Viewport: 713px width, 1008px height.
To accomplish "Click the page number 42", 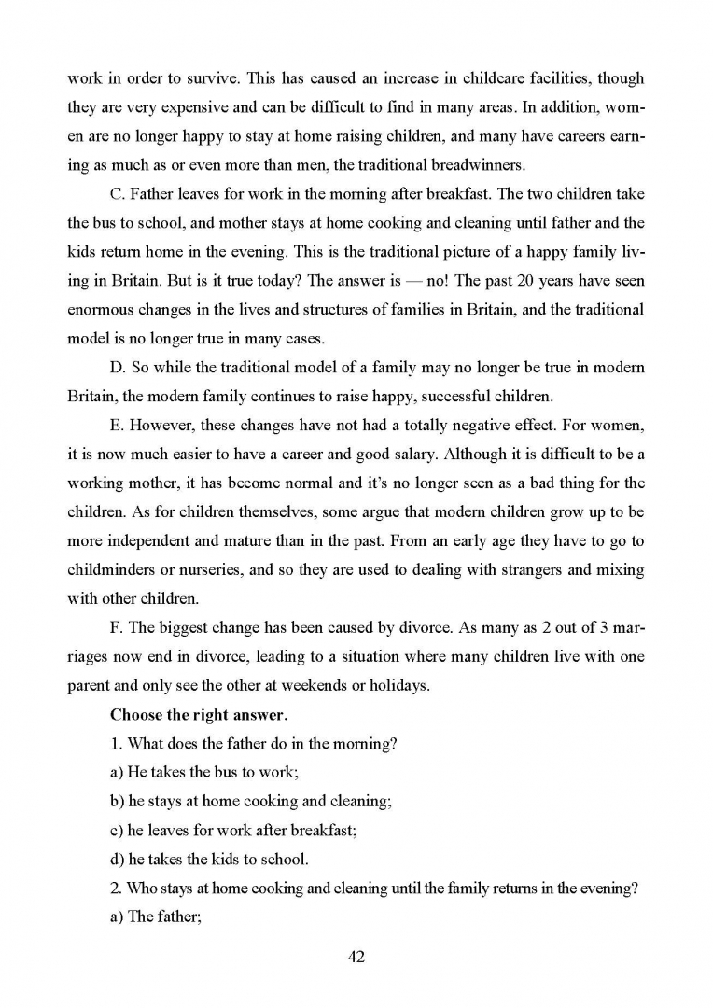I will pos(355,957).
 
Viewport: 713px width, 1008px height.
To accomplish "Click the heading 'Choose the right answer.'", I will pos(192,716).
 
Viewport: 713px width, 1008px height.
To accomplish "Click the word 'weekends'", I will pos(312,685).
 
